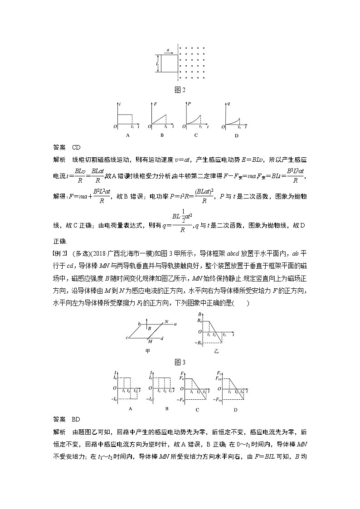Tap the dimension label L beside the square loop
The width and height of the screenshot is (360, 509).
click(157, 64)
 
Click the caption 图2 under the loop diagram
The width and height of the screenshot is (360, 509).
click(180, 90)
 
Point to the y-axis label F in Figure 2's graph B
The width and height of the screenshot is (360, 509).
click(155, 105)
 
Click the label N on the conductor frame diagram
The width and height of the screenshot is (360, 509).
click(166, 321)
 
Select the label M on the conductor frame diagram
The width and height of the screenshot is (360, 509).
click(150, 341)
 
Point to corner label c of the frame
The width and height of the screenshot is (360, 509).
click(127, 338)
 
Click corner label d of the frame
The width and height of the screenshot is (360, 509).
click(162, 338)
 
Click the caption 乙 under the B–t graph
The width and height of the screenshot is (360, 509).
click(216, 351)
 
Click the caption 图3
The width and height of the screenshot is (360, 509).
click(180, 362)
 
